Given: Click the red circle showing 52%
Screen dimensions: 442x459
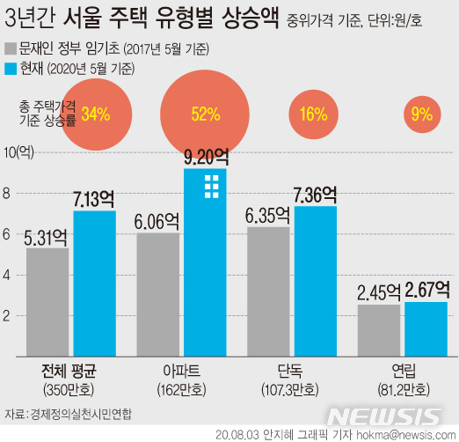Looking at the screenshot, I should (x=205, y=114).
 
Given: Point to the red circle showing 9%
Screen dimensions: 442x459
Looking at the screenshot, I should (x=421, y=114).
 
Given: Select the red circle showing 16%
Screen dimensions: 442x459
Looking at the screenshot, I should (x=313, y=114).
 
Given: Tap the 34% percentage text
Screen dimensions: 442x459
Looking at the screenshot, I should (x=95, y=114).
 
